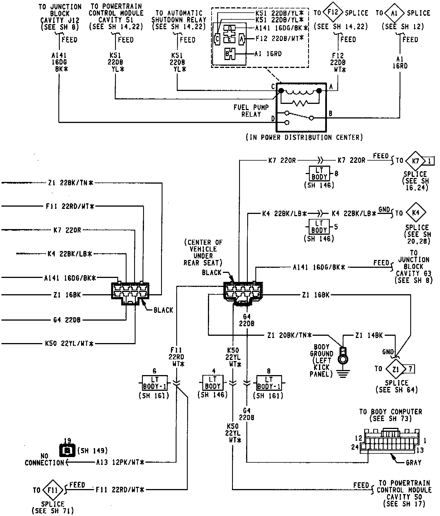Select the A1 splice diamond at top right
pos(395,13)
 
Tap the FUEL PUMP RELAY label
pos(251,111)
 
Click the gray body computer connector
pos(390,441)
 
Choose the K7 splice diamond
pos(415,161)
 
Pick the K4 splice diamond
pos(416,213)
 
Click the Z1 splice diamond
pos(396,369)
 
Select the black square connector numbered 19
pos(68,451)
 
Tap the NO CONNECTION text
pos(44,459)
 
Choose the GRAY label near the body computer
pos(413,462)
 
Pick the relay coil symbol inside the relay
pos(300,92)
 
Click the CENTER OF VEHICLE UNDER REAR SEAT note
pos(203,252)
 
